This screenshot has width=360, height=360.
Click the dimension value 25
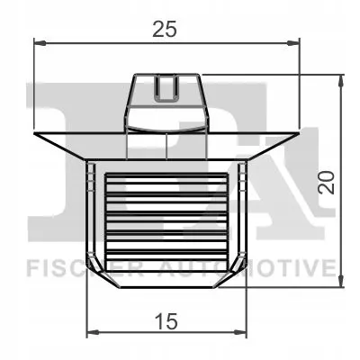point(164,29)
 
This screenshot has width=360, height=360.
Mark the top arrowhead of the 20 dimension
point(340,79)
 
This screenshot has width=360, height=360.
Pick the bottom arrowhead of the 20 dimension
point(340,283)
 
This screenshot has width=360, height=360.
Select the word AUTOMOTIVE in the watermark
point(270,267)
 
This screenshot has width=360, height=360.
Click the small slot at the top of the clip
point(166,88)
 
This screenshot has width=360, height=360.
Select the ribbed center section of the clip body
point(166,216)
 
